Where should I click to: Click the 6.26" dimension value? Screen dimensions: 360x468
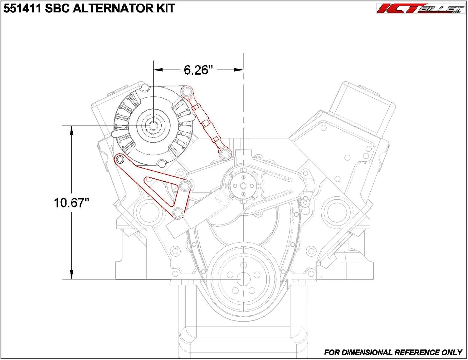(198, 70)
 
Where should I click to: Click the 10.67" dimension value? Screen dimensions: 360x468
(71, 203)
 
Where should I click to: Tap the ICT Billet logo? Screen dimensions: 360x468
(420, 8)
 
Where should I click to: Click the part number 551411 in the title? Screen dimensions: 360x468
(22, 8)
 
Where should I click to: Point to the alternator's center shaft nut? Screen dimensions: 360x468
(153, 126)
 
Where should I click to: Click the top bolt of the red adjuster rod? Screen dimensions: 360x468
(186, 92)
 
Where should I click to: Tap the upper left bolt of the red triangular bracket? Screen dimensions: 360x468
(119, 160)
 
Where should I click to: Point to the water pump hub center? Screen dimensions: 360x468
(243, 186)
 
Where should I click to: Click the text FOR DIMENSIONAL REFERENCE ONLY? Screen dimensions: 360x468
(393, 353)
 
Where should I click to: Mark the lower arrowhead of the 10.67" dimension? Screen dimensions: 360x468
(71, 274)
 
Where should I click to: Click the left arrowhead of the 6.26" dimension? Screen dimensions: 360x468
(158, 70)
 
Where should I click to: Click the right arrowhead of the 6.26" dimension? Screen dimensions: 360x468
(239, 70)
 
